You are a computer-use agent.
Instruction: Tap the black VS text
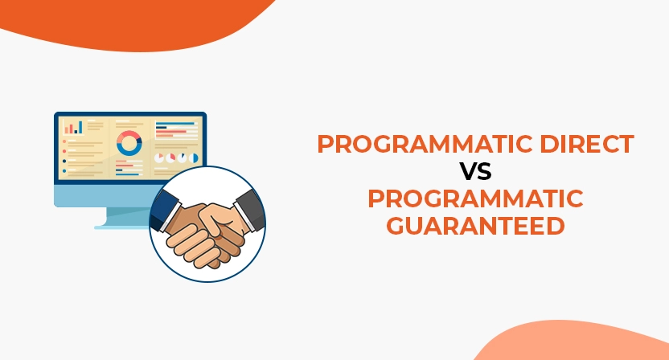475,172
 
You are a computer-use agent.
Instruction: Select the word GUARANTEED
474,225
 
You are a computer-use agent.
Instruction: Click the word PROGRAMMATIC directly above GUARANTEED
474,198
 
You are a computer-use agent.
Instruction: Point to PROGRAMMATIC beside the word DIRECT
415,145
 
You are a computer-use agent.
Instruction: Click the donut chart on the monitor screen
129,143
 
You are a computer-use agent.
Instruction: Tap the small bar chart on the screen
73,127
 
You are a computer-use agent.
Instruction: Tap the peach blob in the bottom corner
579,342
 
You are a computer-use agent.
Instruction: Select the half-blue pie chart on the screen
185,157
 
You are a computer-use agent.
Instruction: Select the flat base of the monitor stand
121,227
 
